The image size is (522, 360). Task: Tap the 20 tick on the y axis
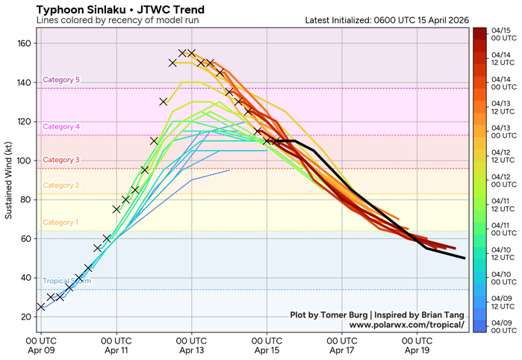point(25,317)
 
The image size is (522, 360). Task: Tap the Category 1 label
point(61,223)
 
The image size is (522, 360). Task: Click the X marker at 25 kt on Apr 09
point(41,307)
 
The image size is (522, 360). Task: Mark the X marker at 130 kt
point(164,102)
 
